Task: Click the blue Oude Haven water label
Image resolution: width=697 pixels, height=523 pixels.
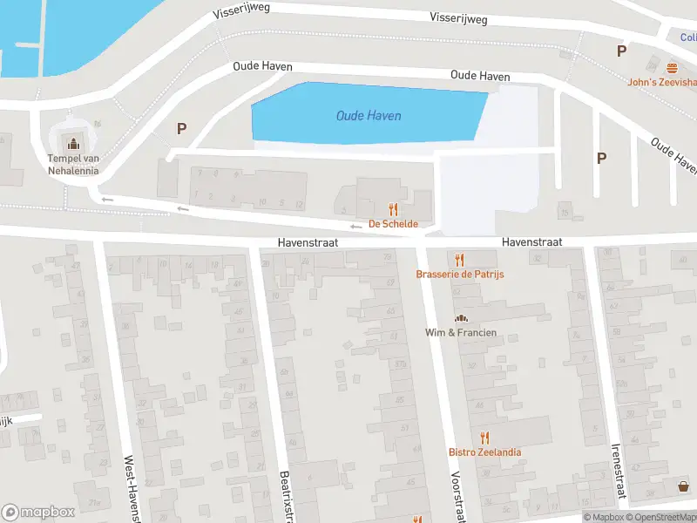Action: click(x=369, y=116)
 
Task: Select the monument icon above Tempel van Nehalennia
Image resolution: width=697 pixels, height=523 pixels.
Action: click(x=73, y=142)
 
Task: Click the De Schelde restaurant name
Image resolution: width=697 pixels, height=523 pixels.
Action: click(x=393, y=224)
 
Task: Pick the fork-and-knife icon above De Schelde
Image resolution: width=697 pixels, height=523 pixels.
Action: click(x=393, y=209)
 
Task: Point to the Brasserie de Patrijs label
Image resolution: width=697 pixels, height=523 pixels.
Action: click(x=460, y=274)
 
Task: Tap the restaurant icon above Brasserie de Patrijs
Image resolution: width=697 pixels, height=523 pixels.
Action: click(x=460, y=259)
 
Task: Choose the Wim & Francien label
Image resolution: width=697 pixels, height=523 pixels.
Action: click(x=460, y=332)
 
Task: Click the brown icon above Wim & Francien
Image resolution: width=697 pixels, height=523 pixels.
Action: click(x=460, y=318)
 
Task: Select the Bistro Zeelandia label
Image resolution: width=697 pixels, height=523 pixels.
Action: click(x=484, y=452)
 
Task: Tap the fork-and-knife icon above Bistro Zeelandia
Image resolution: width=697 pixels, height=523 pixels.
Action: click(x=484, y=437)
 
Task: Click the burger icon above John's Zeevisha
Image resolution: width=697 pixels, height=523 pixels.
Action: click(x=672, y=67)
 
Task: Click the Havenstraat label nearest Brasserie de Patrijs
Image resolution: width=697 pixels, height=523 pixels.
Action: click(x=531, y=241)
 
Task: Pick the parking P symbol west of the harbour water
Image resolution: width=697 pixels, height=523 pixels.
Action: click(x=181, y=128)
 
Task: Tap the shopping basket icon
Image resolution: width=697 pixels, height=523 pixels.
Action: click(x=683, y=487)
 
